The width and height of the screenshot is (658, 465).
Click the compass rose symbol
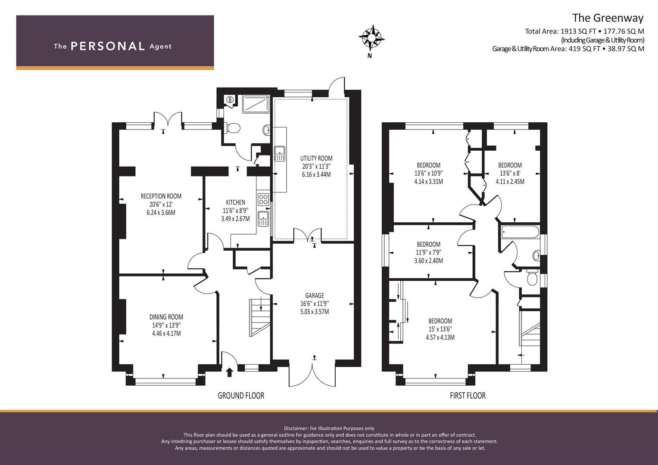click(x=371, y=38)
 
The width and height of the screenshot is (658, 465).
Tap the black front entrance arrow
click(x=229, y=372)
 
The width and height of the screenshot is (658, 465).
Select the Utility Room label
click(x=316, y=158)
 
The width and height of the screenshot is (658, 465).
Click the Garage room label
click(x=315, y=295)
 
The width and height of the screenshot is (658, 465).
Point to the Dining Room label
click(x=166, y=317)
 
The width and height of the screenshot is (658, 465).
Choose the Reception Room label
click(x=161, y=196)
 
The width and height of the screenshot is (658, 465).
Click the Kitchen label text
click(x=235, y=202)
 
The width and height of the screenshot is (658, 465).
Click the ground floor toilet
click(x=232, y=128)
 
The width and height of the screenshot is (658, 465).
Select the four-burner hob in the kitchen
click(x=263, y=199)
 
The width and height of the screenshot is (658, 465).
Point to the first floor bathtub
click(x=520, y=232)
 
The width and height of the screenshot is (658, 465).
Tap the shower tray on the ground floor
click(x=255, y=104)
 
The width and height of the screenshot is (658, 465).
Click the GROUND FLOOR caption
click(x=241, y=396)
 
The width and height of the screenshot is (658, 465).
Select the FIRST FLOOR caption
click(x=468, y=396)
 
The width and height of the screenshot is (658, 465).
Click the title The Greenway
click(x=608, y=18)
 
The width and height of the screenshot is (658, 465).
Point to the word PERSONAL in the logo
click(x=108, y=46)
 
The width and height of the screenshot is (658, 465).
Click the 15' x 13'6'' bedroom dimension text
click(x=440, y=329)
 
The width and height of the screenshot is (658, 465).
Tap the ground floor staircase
click(x=260, y=317)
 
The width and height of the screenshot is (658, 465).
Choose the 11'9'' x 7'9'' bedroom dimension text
click(x=429, y=252)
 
